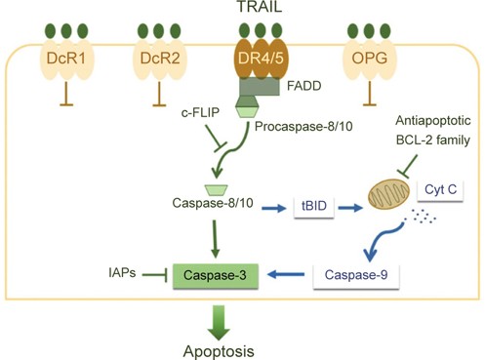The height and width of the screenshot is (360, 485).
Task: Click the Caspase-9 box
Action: (x=355, y=276)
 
